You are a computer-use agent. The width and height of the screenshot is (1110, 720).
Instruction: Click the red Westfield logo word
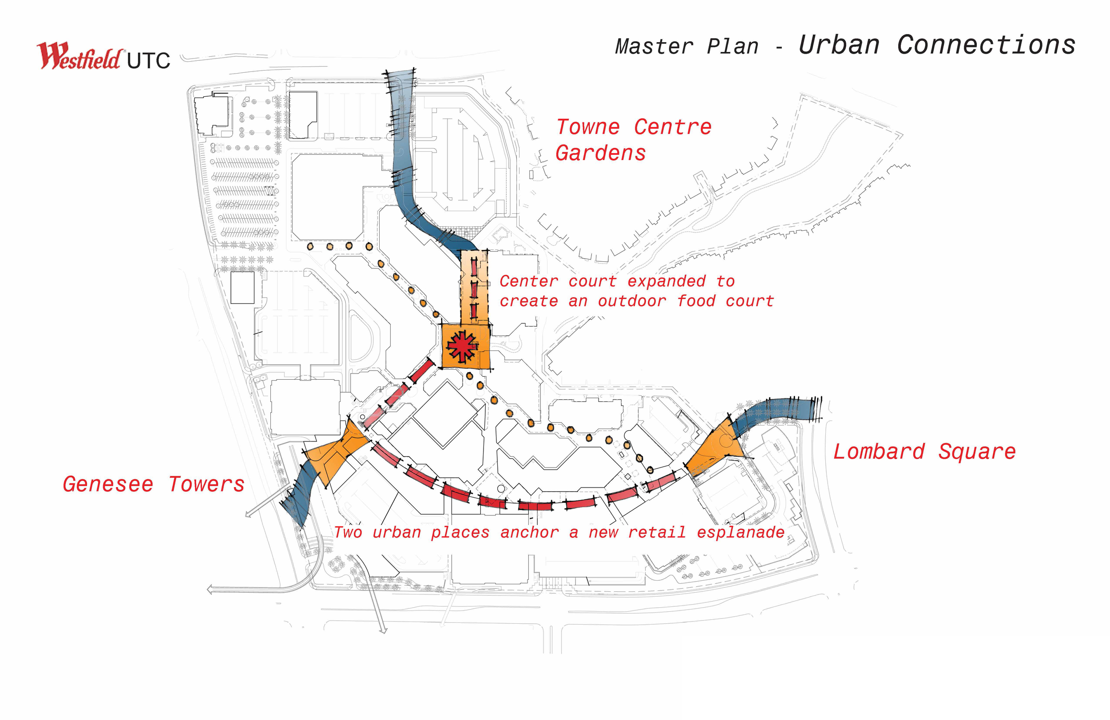coord(79,57)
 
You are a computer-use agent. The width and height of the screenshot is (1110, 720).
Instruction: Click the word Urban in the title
coord(839,45)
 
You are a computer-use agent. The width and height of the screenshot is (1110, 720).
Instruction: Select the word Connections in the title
coord(987,45)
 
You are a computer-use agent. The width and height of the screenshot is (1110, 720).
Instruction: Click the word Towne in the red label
coord(588,127)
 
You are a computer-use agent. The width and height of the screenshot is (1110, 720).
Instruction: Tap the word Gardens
coord(601,153)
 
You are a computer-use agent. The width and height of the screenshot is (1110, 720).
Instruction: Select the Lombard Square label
coord(924,452)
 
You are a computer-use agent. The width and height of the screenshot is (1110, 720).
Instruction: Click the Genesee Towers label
coord(154,484)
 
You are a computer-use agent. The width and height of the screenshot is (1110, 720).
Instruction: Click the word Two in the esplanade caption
coord(348,532)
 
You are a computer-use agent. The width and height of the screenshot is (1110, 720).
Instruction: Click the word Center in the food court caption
coord(529,281)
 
